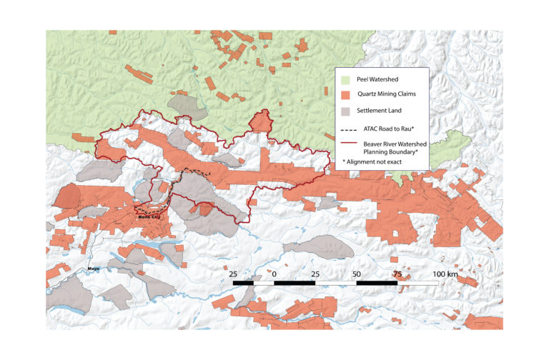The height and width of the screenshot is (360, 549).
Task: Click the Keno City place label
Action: [145, 219]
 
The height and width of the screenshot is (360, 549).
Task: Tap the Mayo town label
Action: [92, 269]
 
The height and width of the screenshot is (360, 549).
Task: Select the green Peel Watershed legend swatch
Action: [347, 79]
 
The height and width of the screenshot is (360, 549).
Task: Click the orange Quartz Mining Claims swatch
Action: [347, 95]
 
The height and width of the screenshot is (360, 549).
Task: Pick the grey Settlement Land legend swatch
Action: [347, 111]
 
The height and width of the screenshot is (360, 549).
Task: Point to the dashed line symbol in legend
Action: [347, 130]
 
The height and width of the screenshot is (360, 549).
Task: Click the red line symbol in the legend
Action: [347, 144]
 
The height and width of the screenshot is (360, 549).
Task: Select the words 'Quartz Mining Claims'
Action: [387, 95]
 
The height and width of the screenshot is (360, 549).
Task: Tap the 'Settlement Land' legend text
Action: [380, 111]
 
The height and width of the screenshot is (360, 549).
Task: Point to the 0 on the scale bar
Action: [274, 274]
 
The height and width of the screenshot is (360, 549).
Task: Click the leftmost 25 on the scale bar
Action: [234, 274]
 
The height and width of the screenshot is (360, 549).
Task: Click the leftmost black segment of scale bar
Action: [243, 284]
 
